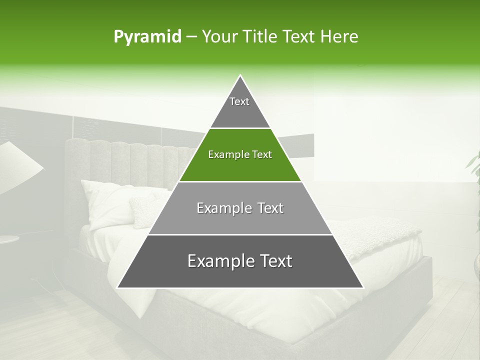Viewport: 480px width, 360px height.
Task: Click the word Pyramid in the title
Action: pos(147,37)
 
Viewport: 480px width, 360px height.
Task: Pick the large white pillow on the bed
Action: pos(107,202)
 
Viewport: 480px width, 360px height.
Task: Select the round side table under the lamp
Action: pos(7,239)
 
